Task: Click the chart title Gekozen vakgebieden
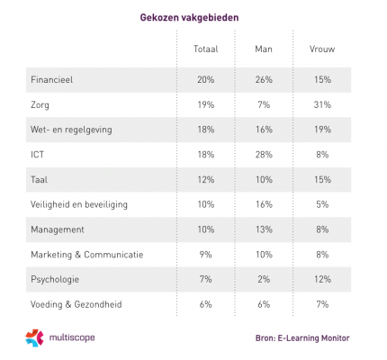pyautogui.click(x=189, y=18)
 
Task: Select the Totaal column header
pyautogui.click(x=206, y=49)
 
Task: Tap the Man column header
pyautogui.click(x=264, y=49)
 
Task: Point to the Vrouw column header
pyautogui.click(x=322, y=49)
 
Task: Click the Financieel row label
pyautogui.click(x=52, y=80)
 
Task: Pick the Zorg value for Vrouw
pyautogui.click(x=322, y=104)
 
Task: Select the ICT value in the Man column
pyautogui.click(x=264, y=155)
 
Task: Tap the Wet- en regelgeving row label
pyautogui.click(x=71, y=130)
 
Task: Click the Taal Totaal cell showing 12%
pyautogui.click(x=206, y=179)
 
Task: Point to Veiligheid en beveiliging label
pyautogui.click(x=79, y=204)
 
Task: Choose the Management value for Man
pyautogui.click(x=264, y=229)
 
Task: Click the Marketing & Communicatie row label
pyautogui.click(x=87, y=255)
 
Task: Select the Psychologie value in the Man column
pyautogui.click(x=264, y=279)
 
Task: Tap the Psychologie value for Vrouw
pyautogui.click(x=322, y=279)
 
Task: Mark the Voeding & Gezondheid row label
pyautogui.click(x=76, y=304)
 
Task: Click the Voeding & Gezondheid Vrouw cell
pyautogui.click(x=322, y=304)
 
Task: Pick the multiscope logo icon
pyautogui.click(x=34, y=337)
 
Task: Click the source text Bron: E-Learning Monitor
pyautogui.click(x=302, y=338)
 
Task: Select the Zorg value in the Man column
pyautogui.click(x=264, y=104)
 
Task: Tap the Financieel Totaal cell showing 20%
pyautogui.click(x=206, y=79)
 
